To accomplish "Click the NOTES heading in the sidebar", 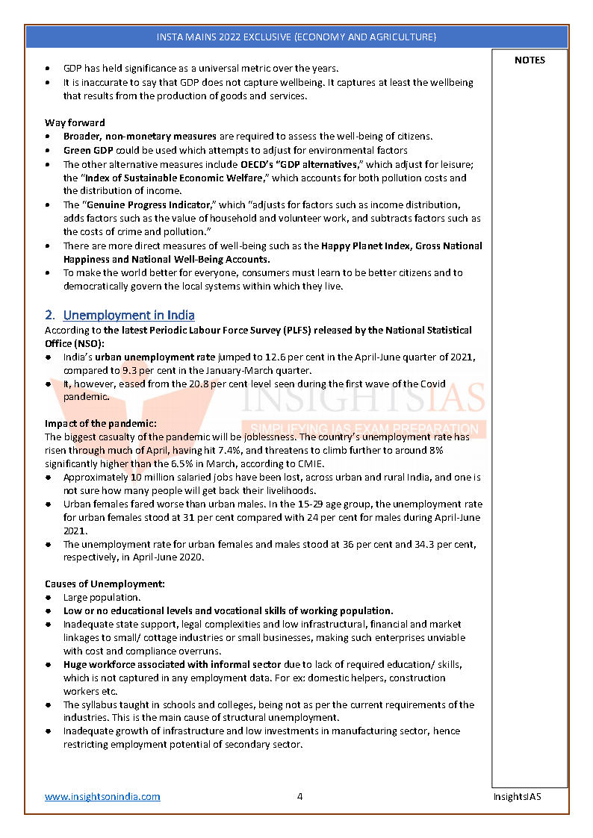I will pyautogui.click(x=530, y=60).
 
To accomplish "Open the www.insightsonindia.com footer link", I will pyautogui.click(x=102, y=796).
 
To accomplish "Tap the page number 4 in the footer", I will pyautogui.click(x=299, y=796).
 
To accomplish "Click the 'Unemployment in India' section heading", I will pyautogui.click(x=128, y=315).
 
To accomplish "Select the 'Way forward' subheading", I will pyautogui.click(x=75, y=122).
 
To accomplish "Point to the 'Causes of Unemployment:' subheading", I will pyautogui.click(x=105, y=584).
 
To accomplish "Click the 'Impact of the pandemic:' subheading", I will pyautogui.click(x=100, y=424).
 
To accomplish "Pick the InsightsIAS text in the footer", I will pyautogui.click(x=517, y=796).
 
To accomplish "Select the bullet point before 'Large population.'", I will pyautogui.click(x=49, y=598).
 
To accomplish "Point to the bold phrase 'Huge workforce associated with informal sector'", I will pyautogui.click(x=172, y=664).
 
